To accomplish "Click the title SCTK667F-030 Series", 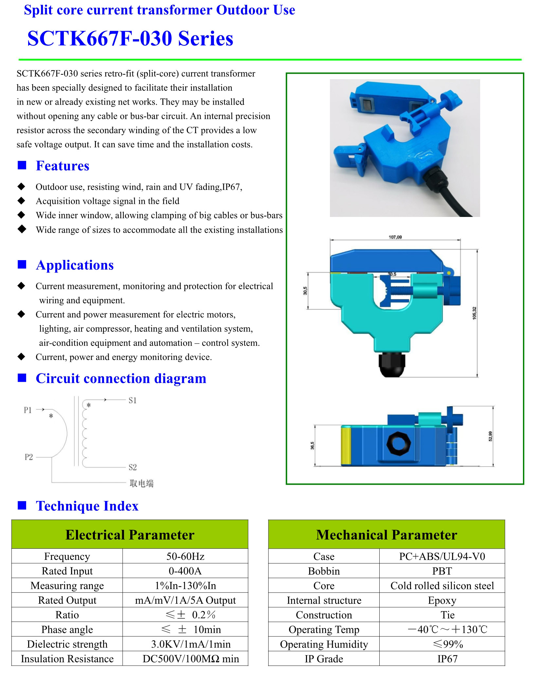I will [130, 39].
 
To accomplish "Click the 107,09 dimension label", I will [395, 237].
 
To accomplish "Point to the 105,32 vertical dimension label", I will [474, 313].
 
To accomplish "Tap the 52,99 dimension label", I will [490, 436].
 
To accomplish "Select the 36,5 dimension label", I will [312, 445].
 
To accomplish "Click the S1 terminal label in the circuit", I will [133, 401].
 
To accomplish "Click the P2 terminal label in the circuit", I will [29, 457].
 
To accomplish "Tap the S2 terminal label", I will [133, 467].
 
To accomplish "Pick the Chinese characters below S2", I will [141, 483].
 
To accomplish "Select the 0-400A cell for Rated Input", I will [185, 571].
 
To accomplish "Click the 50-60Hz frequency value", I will [185, 556].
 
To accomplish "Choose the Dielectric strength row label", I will [67, 644].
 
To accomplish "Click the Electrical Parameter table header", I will [130, 535].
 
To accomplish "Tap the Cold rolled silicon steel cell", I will [442, 586].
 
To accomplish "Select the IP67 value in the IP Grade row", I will [447, 659].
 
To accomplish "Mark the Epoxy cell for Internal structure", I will [442, 600].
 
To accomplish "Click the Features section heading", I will [63, 166].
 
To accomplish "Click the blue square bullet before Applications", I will [22, 264].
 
